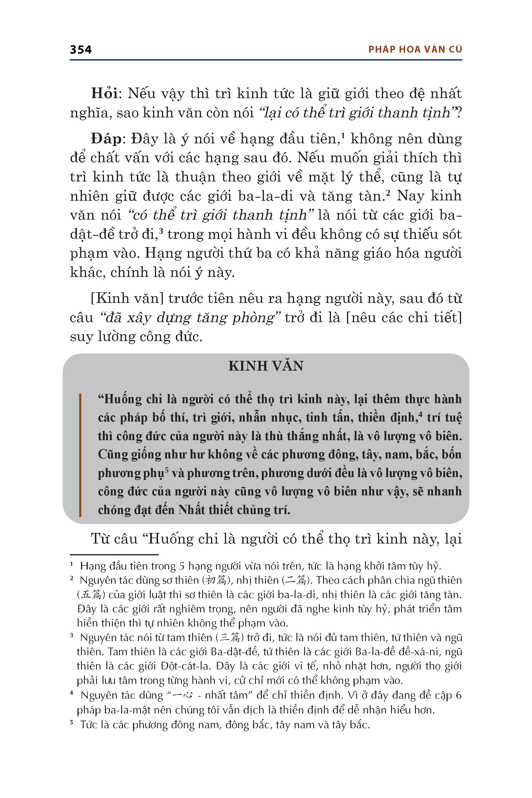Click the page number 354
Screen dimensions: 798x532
[81, 50]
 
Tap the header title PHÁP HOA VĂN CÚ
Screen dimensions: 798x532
[415, 50]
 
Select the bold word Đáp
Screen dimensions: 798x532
[106, 139]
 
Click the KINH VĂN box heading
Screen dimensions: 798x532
[266, 366]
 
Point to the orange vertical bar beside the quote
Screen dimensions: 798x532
[80, 455]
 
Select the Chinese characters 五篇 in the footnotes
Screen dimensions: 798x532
[91, 594]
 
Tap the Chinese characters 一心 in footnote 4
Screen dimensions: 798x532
[183, 695]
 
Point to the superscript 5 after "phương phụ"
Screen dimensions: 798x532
[167, 469]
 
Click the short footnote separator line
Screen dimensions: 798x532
[114, 555]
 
